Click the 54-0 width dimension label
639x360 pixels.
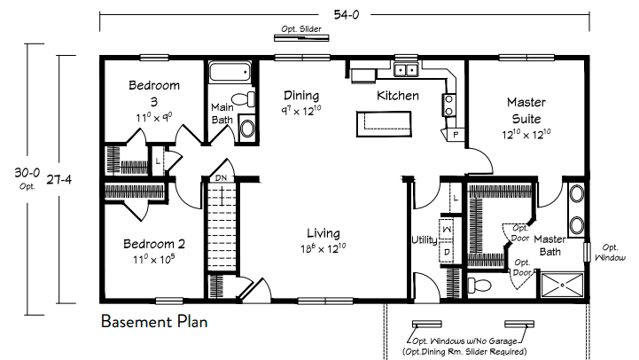(x=347, y=15)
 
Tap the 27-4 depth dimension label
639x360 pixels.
(x=59, y=179)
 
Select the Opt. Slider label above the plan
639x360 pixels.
(x=301, y=29)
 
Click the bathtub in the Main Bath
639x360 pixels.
(x=230, y=72)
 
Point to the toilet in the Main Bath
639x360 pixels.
(x=243, y=99)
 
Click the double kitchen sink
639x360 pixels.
(x=406, y=70)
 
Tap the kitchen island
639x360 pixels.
(x=384, y=123)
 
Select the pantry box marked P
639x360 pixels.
(x=456, y=135)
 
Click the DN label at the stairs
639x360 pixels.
(x=221, y=177)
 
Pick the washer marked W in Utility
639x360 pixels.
(x=448, y=229)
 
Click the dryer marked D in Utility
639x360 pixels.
(x=448, y=253)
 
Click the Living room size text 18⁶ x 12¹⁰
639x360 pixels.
(x=323, y=248)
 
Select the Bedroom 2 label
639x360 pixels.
(x=154, y=244)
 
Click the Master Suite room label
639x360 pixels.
(x=526, y=111)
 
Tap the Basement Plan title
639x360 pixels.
(x=154, y=322)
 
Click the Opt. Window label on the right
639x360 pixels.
(x=610, y=253)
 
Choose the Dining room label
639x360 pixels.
(x=301, y=96)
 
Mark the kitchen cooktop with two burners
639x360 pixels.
(x=448, y=106)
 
